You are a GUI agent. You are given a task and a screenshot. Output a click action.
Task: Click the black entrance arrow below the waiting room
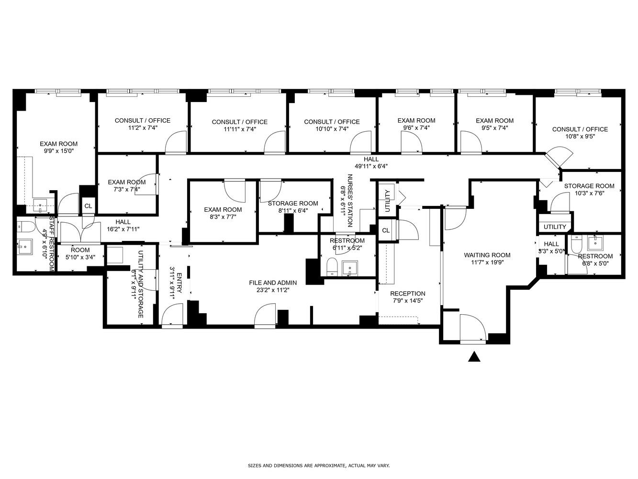pyautogui.click(x=474, y=357)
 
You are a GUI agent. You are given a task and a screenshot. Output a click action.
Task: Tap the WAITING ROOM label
pyautogui.click(x=487, y=255)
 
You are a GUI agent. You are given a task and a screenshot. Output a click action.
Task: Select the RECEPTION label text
pyautogui.click(x=407, y=294)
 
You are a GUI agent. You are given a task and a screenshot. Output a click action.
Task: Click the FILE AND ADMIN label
pyautogui.click(x=273, y=283)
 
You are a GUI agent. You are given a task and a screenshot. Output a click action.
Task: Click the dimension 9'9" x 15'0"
pyautogui.click(x=58, y=151)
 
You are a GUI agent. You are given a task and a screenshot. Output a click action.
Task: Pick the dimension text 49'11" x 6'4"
pyautogui.click(x=371, y=166)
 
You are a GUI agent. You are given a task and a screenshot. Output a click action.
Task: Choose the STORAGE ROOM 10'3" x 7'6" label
pyautogui.click(x=589, y=189)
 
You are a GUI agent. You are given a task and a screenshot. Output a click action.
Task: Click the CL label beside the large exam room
pyautogui.click(x=88, y=206)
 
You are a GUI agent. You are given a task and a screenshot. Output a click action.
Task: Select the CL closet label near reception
pyautogui.click(x=386, y=230)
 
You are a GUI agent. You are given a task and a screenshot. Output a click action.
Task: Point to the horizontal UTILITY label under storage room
pyautogui.click(x=555, y=227)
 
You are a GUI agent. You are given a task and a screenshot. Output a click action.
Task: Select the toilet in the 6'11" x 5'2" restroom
pyautogui.click(x=332, y=266)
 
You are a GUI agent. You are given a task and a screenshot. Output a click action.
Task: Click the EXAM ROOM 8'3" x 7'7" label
pyautogui.click(x=223, y=213)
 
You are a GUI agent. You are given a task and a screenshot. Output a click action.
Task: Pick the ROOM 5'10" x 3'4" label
pyautogui.click(x=80, y=253)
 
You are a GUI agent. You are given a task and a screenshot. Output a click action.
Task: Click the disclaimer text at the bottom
pyautogui.click(x=319, y=465)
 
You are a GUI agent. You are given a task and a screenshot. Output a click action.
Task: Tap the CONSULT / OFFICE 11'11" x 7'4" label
pyautogui.click(x=239, y=125)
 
